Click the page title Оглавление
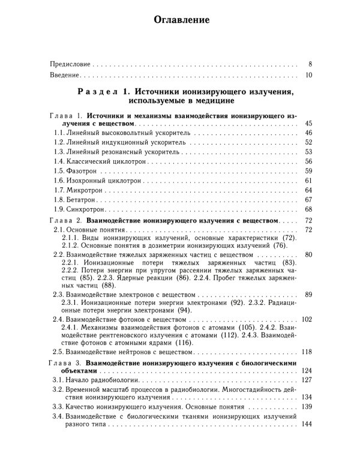pos(181,20)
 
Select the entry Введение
pos(64,76)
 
